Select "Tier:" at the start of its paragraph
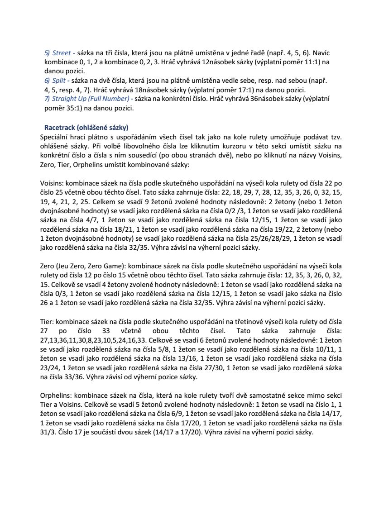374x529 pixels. coord(48,321)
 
